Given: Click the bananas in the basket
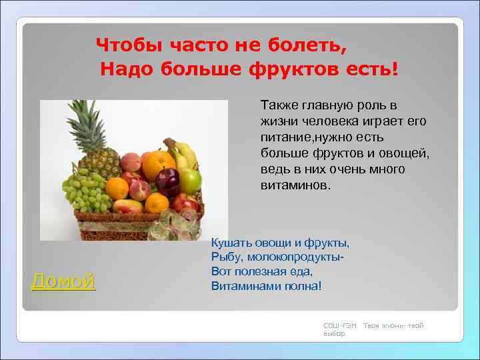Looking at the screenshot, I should [x=183, y=155].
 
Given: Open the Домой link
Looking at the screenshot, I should [x=63, y=281].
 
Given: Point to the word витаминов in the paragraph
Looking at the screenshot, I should [x=294, y=184].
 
